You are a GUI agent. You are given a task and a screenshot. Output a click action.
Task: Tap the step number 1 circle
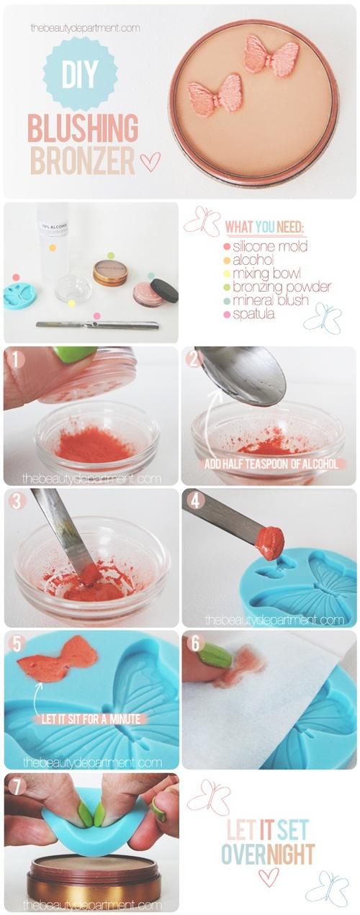click(16, 358)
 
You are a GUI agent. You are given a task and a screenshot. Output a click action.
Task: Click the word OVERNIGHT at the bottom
click(267, 854)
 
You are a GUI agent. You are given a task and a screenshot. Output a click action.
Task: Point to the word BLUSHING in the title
click(82, 129)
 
